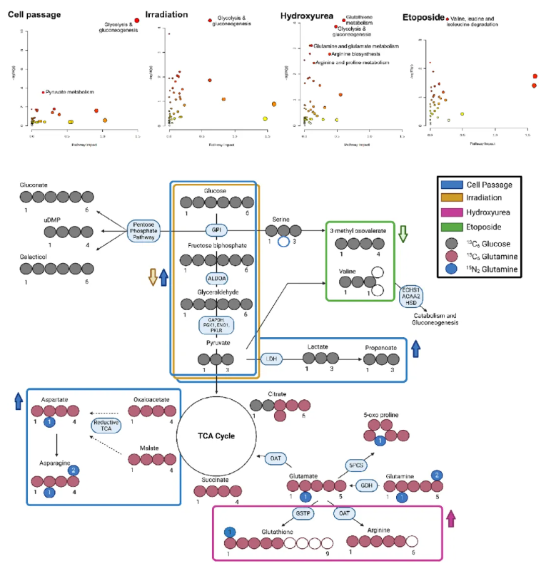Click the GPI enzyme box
point(215,230)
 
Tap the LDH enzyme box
point(272,359)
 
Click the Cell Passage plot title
point(34,14)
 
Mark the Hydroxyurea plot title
point(307,14)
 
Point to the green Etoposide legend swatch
point(450,227)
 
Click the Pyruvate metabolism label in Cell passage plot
point(70,92)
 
